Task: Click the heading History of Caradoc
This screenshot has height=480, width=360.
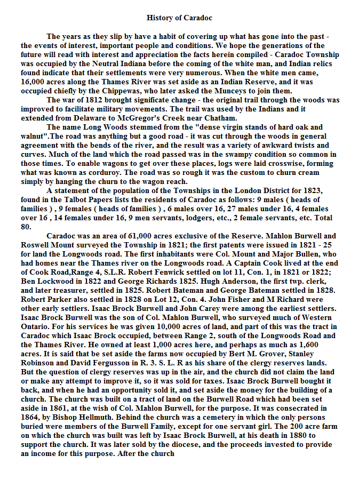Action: pos(179,18)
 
